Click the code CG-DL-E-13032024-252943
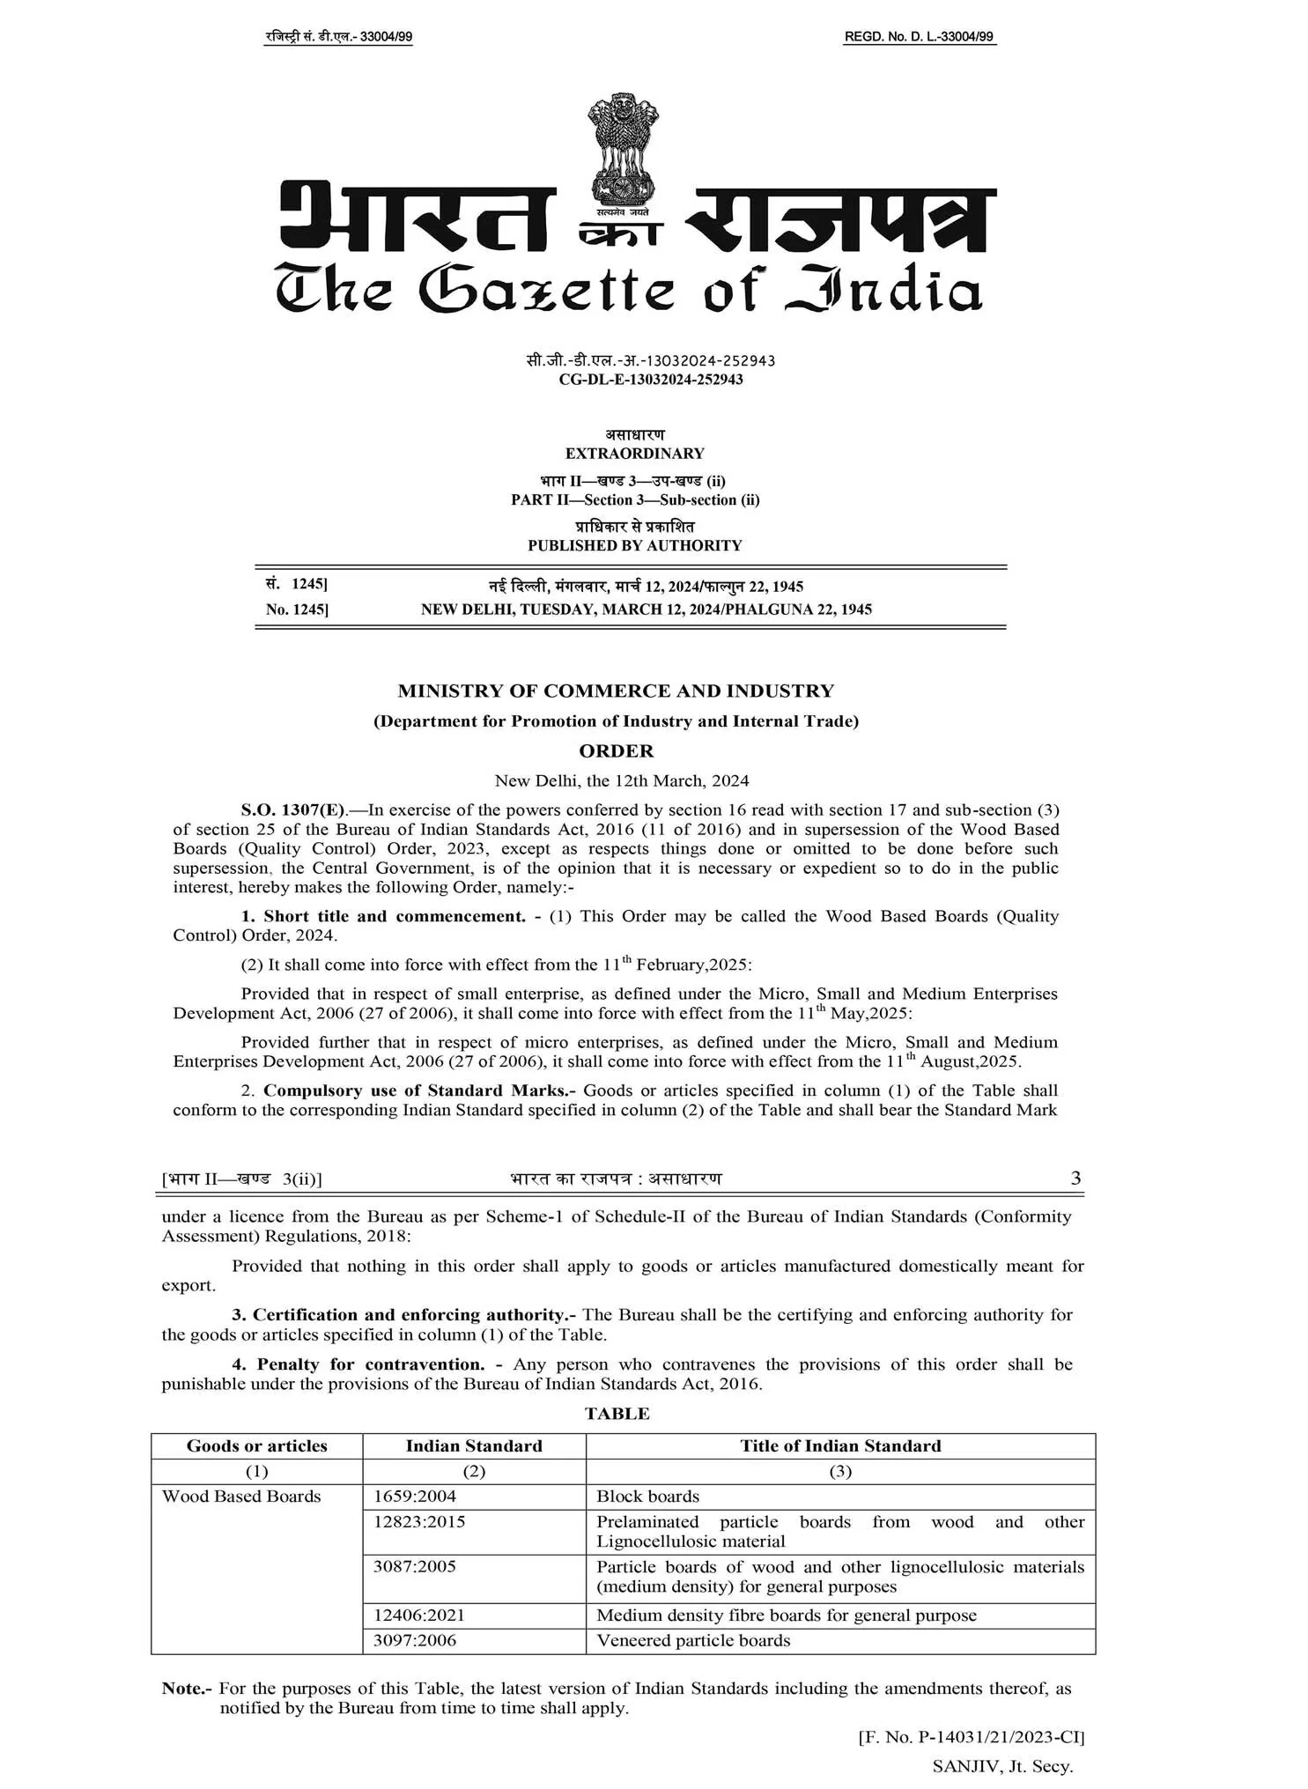point(651,380)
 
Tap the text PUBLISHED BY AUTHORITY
point(634,545)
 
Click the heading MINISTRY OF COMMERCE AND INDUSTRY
point(616,691)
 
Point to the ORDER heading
point(616,750)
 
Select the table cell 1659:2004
point(415,1496)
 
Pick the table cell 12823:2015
point(419,1521)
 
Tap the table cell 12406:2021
point(418,1615)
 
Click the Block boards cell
point(647,1496)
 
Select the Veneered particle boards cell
point(693,1640)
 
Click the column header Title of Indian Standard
point(840,1445)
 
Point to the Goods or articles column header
point(256,1445)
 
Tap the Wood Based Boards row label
point(241,1496)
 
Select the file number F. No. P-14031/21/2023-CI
point(972,1737)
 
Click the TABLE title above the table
point(617,1414)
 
